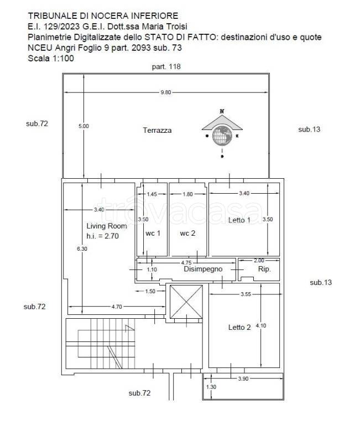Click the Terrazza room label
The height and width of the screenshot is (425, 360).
pyautogui.click(x=157, y=131)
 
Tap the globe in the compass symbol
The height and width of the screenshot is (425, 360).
pyautogui.click(x=222, y=136)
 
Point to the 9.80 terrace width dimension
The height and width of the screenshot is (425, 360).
pyautogui.click(x=166, y=92)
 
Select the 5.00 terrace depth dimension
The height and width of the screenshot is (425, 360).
pyautogui.click(x=84, y=126)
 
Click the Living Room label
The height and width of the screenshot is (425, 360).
pyautogui.click(x=107, y=226)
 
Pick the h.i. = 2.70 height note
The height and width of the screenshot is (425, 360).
pyautogui.click(x=103, y=236)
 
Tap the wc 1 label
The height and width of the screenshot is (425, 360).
pyautogui.click(x=153, y=233)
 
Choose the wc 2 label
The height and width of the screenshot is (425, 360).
pyautogui.click(x=187, y=233)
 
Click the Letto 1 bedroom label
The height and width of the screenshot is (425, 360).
pyautogui.click(x=239, y=220)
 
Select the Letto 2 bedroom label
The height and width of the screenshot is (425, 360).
pyautogui.click(x=239, y=328)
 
